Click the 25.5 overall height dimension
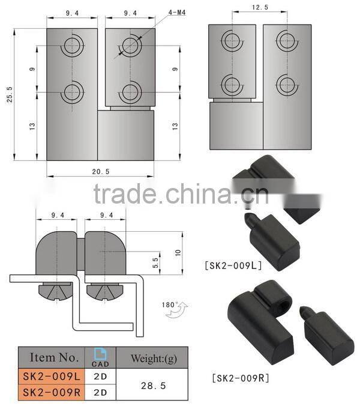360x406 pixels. click(x=9, y=93)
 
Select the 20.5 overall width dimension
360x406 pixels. click(x=101, y=172)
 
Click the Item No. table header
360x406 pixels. click(x=54, y=357)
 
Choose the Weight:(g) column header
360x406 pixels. click(x=151, y=358)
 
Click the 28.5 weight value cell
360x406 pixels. click(x=151, y=384)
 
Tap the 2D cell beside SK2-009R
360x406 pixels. click(x=100, y=393)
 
